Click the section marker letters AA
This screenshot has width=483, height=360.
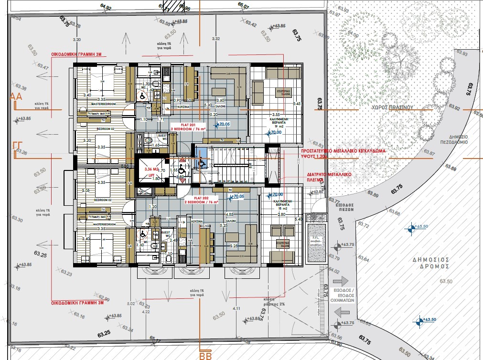coord(17,97)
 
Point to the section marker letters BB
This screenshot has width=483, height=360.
coord(205,355)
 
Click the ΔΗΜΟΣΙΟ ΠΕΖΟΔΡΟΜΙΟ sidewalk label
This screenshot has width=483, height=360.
coord(461,139)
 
